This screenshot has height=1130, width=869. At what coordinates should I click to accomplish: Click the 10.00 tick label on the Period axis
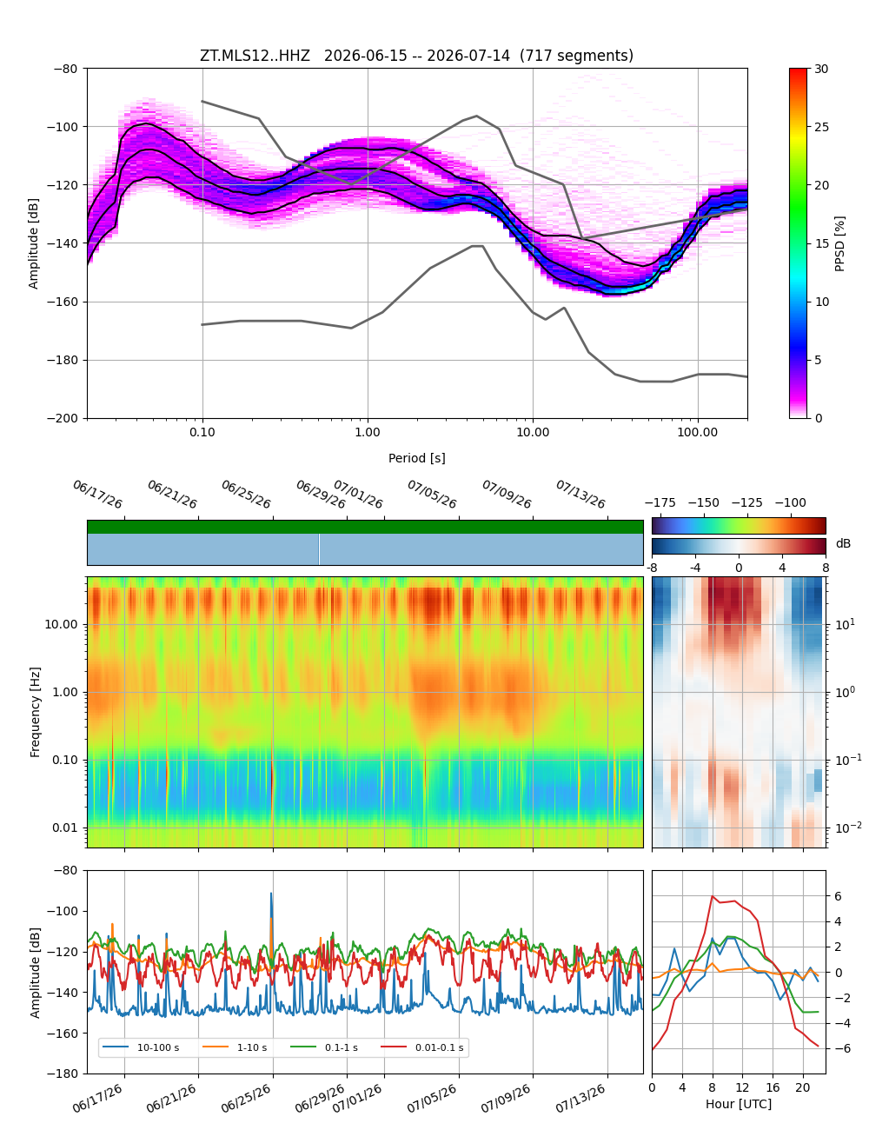click(533, 433)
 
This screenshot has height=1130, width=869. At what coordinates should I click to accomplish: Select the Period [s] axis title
click(417, 458)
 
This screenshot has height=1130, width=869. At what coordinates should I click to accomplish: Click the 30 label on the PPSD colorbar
click(822, 69)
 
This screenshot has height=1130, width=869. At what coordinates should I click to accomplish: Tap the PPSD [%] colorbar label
click(839, 243)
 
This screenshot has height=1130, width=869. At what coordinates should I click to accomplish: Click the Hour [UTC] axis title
click(738, 1104)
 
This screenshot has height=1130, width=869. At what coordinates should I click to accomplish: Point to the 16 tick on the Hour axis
click(773, 1087)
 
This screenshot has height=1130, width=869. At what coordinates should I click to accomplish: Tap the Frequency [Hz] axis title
click(35, 712)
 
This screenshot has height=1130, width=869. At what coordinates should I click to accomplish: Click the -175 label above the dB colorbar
click(660, 503)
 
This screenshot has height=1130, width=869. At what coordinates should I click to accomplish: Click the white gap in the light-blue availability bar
click(319, 549)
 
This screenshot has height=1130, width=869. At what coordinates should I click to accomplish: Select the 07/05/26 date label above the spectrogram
click(431, 494)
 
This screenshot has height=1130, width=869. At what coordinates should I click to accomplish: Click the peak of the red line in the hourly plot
click(712, 896)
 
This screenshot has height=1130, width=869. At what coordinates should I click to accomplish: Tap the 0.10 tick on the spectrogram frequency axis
click(66, 760)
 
